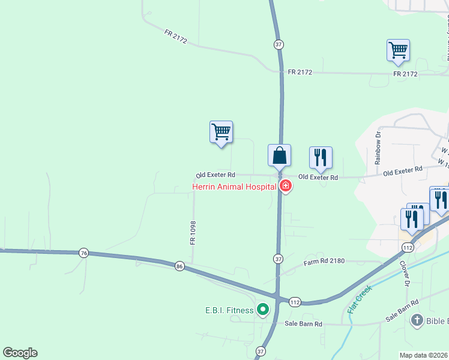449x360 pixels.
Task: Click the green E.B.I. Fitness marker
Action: (262, 310)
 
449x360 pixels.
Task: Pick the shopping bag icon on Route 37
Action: (279, 156)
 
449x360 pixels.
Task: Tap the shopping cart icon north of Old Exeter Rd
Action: (221, 131)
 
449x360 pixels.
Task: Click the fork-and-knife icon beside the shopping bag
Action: (321, 158)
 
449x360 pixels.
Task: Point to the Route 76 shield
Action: (83, 253)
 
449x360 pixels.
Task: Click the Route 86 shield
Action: (179, 266)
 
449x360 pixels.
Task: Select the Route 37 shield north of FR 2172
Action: (278, 45)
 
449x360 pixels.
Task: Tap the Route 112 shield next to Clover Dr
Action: (408, 248)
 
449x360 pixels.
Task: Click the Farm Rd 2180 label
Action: (324, 262)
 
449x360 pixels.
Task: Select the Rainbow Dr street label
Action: (378, 149)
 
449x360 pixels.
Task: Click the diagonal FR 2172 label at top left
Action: (176, 37)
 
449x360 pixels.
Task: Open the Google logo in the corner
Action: (20, 353)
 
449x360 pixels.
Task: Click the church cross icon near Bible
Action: (417, 320)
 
